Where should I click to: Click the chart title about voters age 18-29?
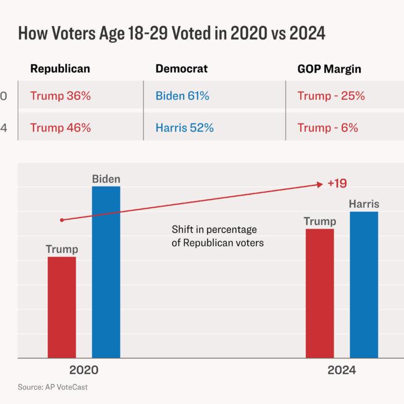[x=171, y=33]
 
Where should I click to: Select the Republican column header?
[x=60, y=69]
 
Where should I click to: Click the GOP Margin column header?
[x=329, y=69]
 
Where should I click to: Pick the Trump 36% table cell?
[x=61, y=96]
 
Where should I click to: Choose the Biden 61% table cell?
[x=182, y=96]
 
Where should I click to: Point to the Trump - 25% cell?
[x=331, y=96]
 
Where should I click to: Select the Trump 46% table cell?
[x=61, y=128]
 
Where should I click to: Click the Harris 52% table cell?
[x=185, y=128]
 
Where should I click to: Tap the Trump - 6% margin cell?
[x=328, y=128]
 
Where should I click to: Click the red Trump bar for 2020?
[x=62, y=307]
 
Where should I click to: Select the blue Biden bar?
[x=106, y=272]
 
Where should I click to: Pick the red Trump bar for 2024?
[x=320, y=293]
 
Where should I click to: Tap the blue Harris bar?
[x=364, y=285]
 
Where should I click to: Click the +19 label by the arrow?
[x=336, y=184]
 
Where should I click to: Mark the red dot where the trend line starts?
[x=62, y=220]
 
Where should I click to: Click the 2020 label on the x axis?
[x=84, y=371]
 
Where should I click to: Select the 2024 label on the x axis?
[x=342, y=371]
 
